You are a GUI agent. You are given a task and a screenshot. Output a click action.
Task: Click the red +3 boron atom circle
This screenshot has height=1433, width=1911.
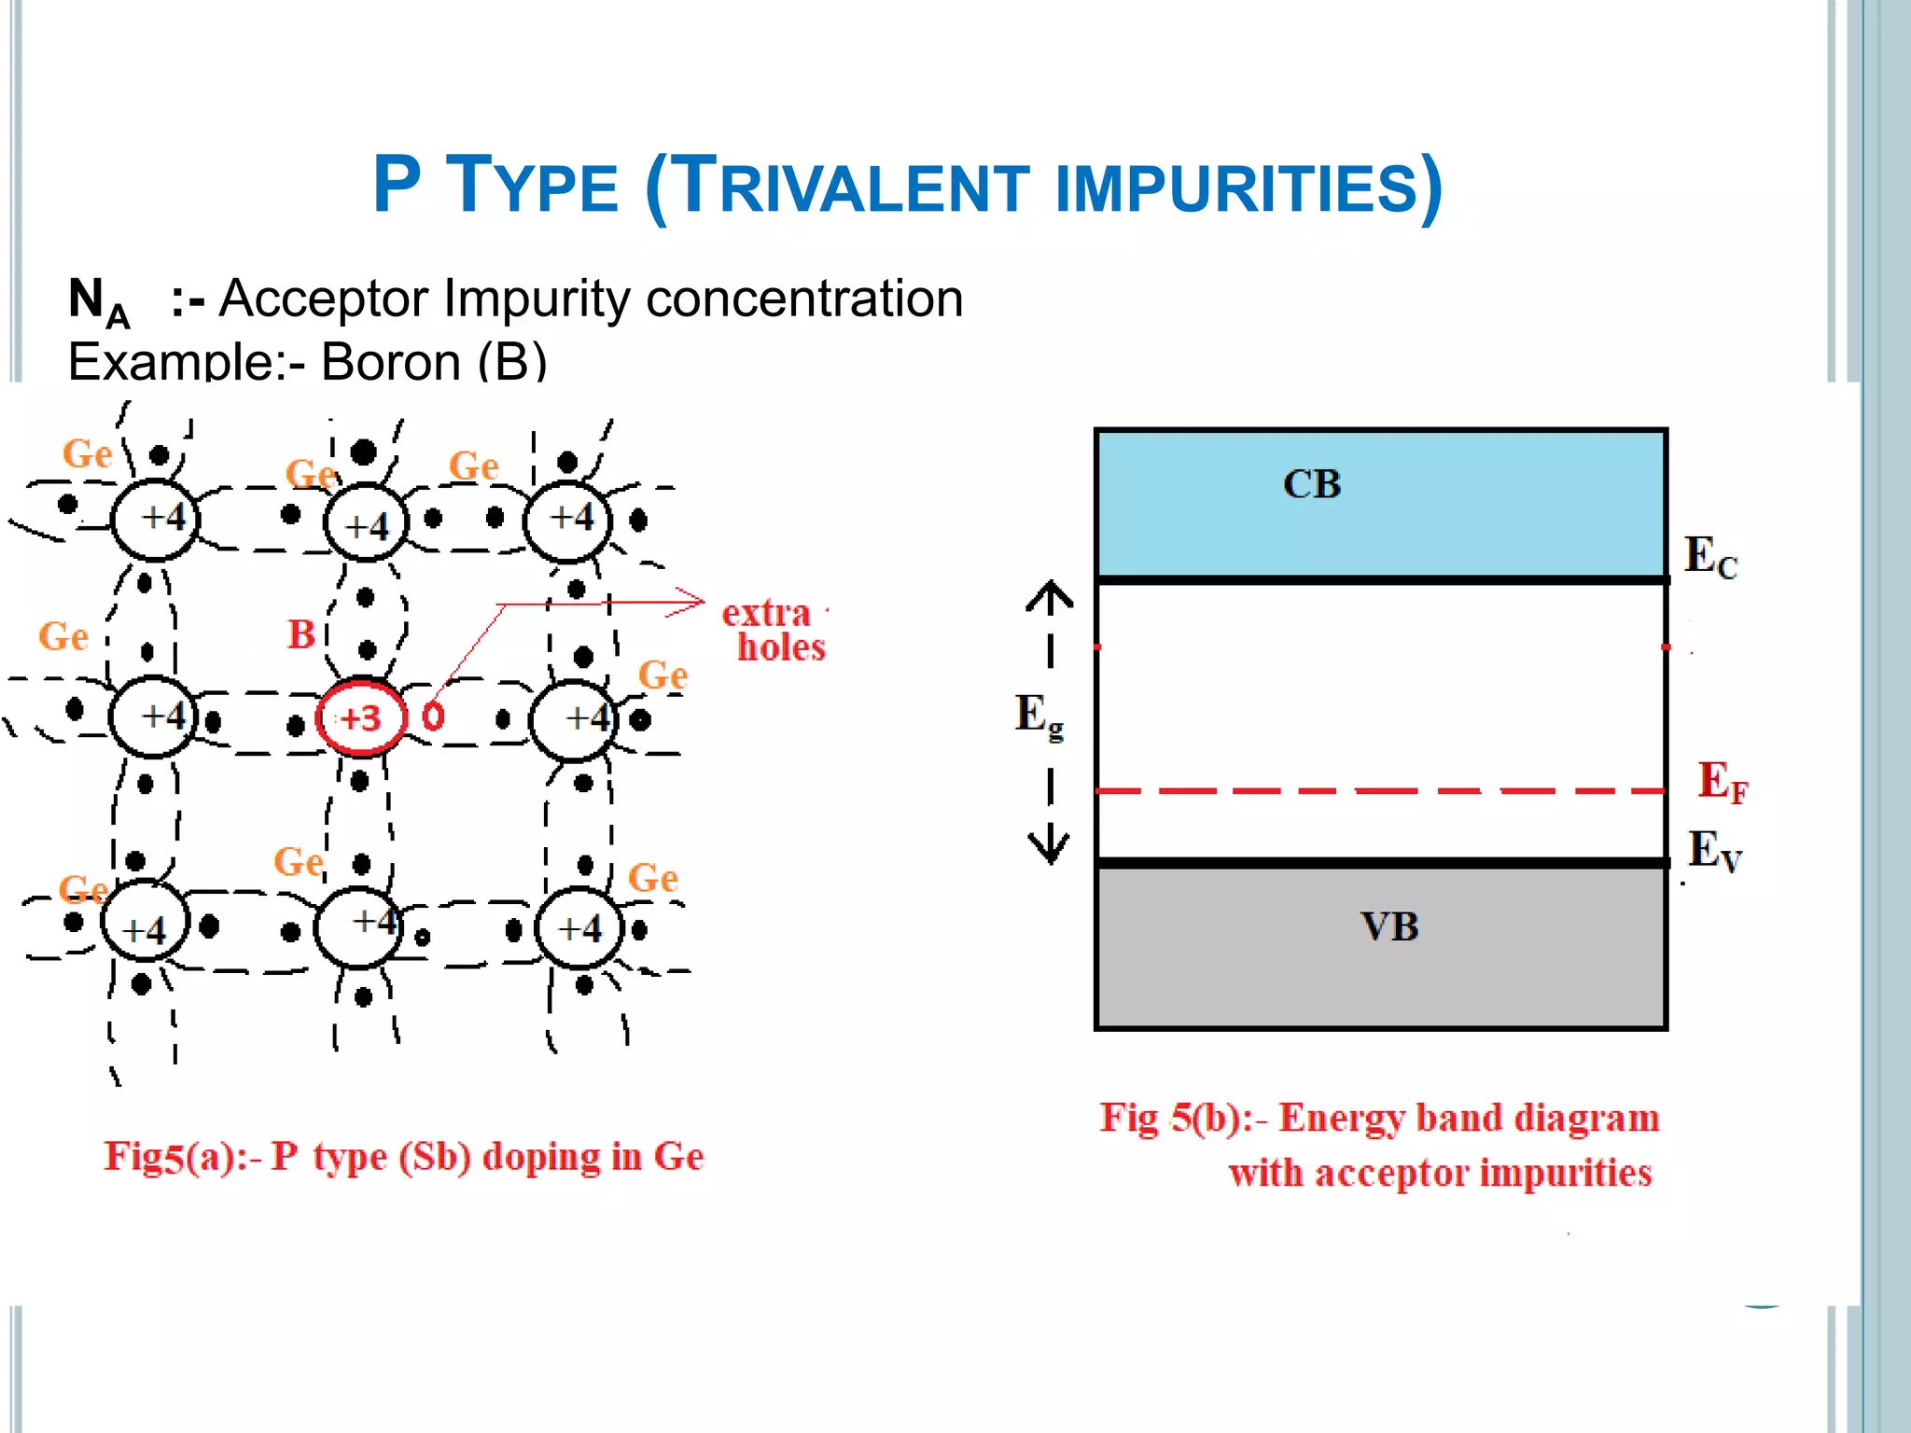pyautogui.click(x=361, y=717)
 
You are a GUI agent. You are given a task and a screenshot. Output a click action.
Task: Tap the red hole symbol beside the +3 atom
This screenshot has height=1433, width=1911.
pyautogui.click(x=433, y=716)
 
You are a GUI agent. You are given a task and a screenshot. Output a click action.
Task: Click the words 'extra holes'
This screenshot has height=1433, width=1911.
pyautogui.click(x=774, y=630)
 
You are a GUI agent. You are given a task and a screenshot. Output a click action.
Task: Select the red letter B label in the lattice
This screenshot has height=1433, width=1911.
pyautogui.click(x=300, y=634)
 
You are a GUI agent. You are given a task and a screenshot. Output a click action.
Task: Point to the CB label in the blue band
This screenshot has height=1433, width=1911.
pyautogui.click(x=1311, y=484)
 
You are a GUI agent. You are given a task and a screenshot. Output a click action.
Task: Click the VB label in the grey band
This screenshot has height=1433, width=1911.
pyautogui.click(x=1389, y=926)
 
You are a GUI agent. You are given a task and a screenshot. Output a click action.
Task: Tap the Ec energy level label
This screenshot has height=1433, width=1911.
pyautogui.click(x=1710, y=557)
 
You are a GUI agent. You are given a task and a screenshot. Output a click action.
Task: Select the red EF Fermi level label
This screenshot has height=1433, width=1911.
pyautogui.click(x=1722, y=782)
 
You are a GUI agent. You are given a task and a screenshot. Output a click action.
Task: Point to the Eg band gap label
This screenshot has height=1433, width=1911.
pyautogui.click(x=1039, y=716)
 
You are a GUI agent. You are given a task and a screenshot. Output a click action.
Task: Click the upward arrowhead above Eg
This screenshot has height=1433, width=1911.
pyautogui.click(x=1050, y=592)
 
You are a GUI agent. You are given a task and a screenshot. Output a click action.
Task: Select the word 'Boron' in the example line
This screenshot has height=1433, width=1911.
pyautogui.click(x=391, y=362)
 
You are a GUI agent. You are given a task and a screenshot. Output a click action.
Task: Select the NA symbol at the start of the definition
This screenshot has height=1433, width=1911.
pyautogui.click(x=98, y=301)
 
